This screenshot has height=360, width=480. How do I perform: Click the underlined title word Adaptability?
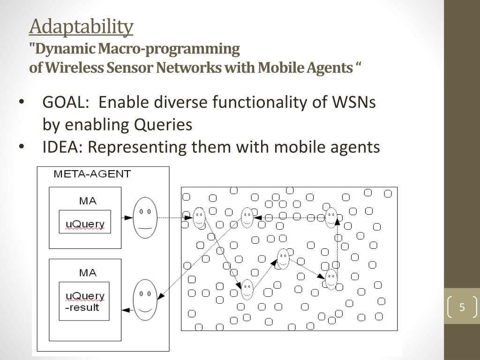81,27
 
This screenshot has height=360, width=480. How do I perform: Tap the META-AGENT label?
92,174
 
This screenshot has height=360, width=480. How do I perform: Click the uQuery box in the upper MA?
85,222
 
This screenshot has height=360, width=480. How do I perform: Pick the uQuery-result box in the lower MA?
84,301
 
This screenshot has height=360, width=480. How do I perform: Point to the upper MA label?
88,201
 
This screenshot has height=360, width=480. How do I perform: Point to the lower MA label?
88,273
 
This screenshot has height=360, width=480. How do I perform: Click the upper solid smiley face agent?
145,217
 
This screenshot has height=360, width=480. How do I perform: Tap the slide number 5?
462,307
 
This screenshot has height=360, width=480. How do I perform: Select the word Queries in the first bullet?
163,125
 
